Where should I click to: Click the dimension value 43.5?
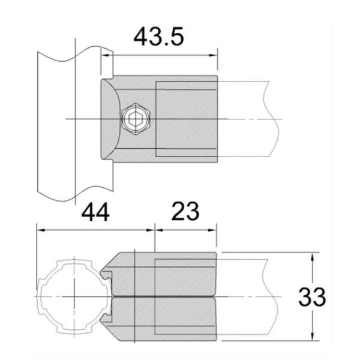158,37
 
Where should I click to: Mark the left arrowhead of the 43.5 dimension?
104,56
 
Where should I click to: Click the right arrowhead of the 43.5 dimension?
213,56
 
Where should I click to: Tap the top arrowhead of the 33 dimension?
312,256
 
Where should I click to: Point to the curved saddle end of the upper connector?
108,120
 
